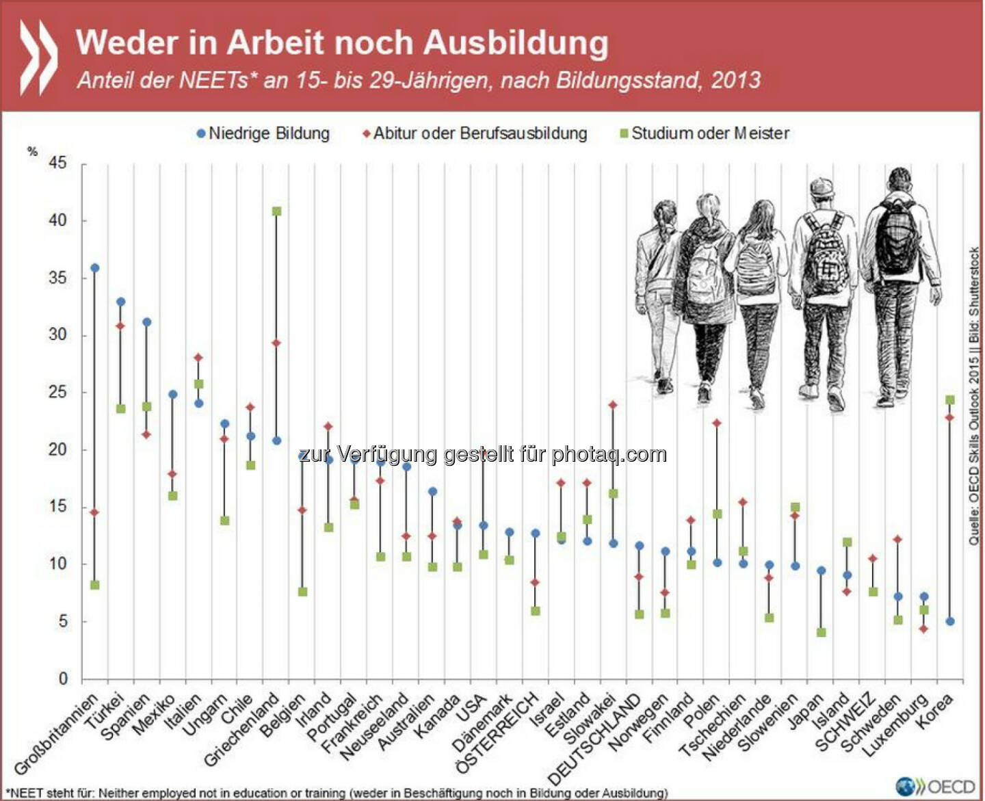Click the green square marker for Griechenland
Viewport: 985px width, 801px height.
point(277,211)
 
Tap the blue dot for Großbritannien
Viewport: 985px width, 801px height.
point(95,268)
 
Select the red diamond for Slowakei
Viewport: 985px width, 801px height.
point(614,405)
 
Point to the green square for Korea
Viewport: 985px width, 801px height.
point(950,399)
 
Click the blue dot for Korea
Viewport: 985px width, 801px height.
point(950,622)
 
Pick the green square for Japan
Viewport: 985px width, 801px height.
point(822,633)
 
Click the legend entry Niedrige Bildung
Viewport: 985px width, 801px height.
point(263,133)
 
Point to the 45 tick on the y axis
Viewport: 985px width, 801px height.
point(58,163)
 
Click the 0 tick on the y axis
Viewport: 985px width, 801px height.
point(63,679)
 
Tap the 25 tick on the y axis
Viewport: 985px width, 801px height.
point(58,393)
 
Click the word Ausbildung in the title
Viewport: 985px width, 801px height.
point(516,42)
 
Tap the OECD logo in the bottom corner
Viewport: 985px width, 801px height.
point(935,786)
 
